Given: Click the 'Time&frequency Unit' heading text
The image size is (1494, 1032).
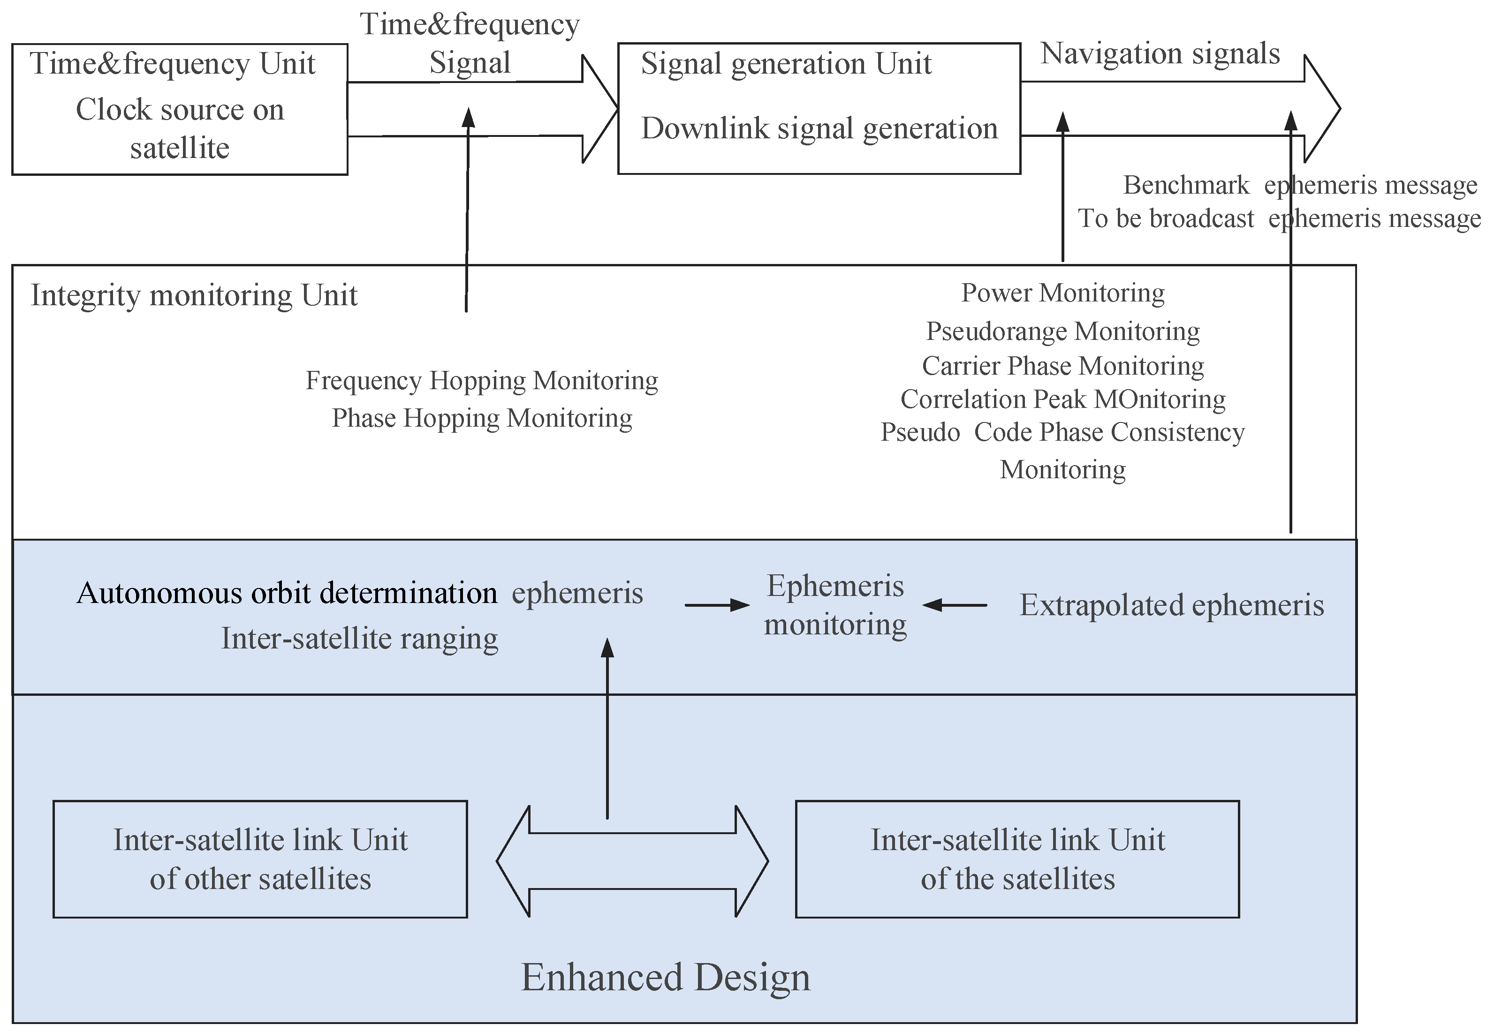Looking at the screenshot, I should [172, 64].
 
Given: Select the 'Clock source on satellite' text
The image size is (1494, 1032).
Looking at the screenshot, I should [180, 128].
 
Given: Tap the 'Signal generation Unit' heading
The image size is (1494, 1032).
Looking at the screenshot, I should [786, 64].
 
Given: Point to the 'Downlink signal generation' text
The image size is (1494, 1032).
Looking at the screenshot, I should [819, 128].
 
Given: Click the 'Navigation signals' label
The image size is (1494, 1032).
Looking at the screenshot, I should [1160, 53].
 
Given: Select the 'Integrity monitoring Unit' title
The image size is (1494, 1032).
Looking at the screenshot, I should [194, 295].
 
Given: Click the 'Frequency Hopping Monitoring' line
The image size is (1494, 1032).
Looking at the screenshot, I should [482, 380].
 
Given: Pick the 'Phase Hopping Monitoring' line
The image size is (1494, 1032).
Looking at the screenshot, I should [482, 418].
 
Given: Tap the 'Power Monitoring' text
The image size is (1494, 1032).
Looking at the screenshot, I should [1062, 293].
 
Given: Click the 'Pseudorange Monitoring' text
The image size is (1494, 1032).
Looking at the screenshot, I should [1062, 331].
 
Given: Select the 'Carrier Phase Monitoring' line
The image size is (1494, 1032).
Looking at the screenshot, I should [1062, 366].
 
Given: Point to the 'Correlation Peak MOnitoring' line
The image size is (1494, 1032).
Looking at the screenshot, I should [1062, 399].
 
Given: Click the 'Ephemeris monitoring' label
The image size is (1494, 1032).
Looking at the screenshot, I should [835, 605].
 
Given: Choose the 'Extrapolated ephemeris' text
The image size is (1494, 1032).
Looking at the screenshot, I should [1172, 606].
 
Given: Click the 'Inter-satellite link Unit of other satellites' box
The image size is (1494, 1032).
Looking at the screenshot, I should [260, 859].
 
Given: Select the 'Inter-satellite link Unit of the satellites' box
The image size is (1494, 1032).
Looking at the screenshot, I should [1017, 859].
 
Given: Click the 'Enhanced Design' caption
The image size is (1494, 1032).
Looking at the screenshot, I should [666, 977].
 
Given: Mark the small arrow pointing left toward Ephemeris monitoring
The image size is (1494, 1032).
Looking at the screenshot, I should [955, 605].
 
